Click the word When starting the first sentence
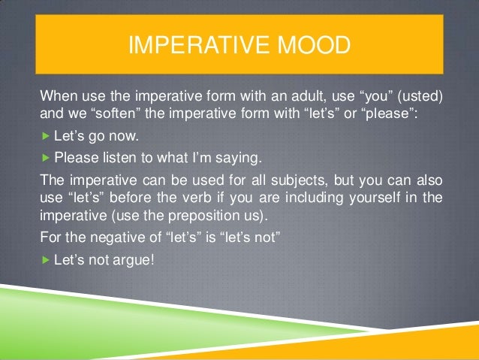[57, 97]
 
